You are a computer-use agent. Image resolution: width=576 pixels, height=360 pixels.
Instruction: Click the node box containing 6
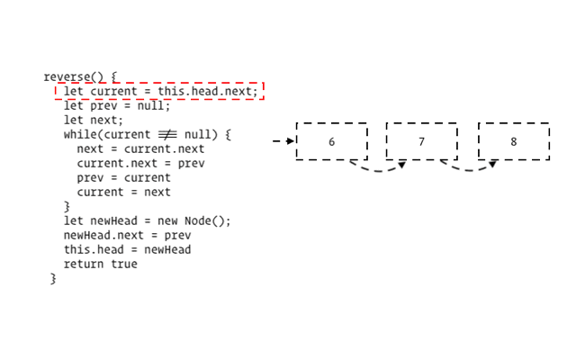(x=331, y=141)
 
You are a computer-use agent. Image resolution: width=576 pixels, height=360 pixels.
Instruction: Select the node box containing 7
(x=421, y=141)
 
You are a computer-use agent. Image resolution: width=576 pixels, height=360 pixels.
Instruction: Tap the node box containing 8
(x=513, y=141)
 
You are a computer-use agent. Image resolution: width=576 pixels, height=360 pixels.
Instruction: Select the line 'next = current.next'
(x=140, y=149)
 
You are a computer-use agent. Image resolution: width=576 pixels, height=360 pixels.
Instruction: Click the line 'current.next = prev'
(x=140, y=164)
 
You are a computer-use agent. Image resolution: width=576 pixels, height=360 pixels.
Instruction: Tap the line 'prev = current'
(x=123, y=178)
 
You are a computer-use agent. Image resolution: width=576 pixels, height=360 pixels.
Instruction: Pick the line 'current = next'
(x=123, y=193)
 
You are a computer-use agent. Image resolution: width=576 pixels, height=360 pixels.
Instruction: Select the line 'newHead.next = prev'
(x=127, y=236)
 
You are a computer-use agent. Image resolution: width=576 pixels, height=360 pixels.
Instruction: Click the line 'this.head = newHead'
(x=127, y=250)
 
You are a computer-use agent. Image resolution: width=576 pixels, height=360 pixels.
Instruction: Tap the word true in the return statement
(x=123, y=265)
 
